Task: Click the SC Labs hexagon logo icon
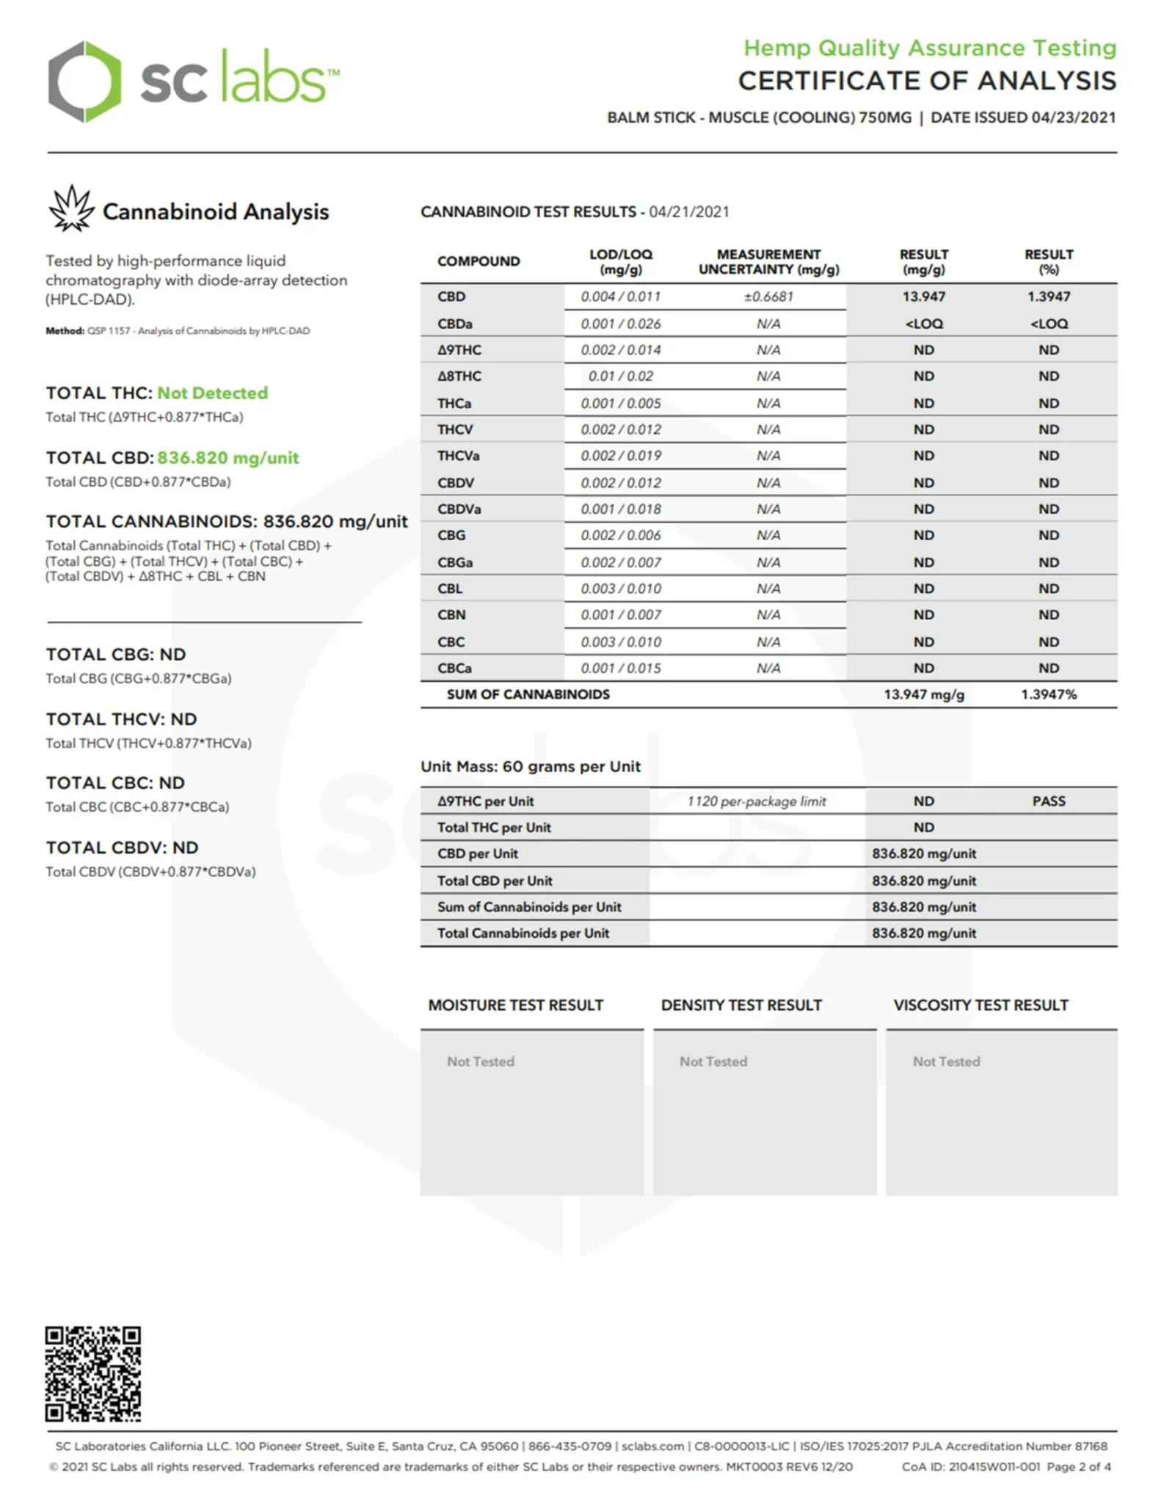coord(84,81)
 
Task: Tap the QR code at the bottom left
coord(93,1373)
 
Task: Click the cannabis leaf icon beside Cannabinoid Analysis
coord(71,209)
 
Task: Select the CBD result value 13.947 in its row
coord(923,296)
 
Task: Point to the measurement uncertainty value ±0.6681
coord(768,296)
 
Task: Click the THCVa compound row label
coord(458,456)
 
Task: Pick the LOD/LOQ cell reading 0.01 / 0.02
coord(620,376)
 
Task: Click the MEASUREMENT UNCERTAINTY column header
coord(768,262)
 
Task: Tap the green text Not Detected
coord(213,393)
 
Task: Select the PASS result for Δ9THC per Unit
coord(1048,801)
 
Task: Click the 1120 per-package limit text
coord(756,801)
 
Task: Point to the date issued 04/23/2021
coord(1073,117)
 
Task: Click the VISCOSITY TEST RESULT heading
coord(980,1005)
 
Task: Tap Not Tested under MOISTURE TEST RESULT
coord(481,1061)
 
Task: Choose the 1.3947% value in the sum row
coord(1048,694)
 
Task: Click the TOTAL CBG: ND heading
coord(116,655)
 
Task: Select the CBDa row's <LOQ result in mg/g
coord(923,324)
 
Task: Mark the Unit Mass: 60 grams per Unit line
coord(531,767)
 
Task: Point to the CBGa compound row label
coord(455,562)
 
